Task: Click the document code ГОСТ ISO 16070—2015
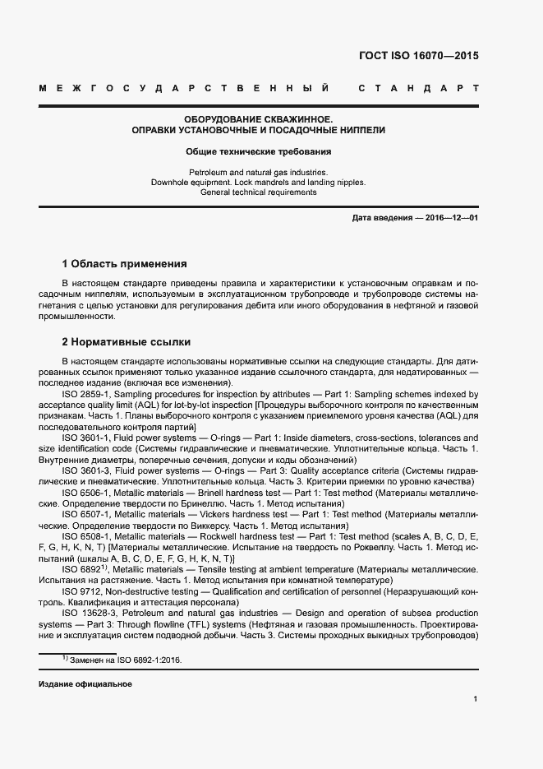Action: [418, 57]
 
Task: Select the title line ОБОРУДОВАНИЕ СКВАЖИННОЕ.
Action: [258, 119]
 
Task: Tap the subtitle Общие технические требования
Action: [258, 152]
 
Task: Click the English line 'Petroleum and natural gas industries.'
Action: [258, 172]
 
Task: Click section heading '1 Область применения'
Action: [124, 264]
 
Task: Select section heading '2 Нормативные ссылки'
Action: [127, 342]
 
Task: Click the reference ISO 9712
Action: [80, 591]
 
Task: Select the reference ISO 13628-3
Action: [89, 614]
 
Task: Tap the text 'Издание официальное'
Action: [85, 684]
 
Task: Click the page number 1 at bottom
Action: [476, 699]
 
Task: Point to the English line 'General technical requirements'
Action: [258, 192]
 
